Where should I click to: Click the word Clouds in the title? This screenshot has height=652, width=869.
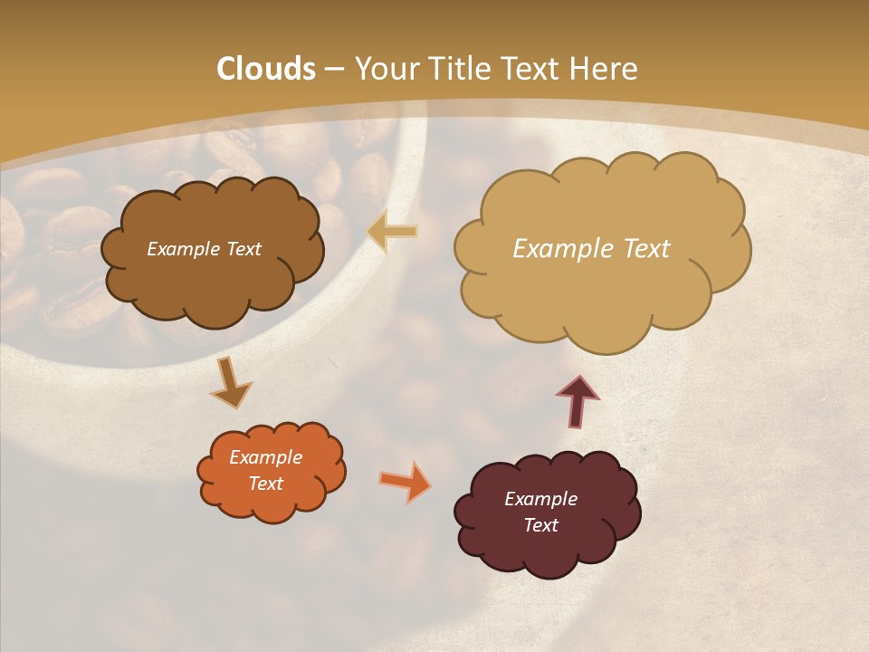266,69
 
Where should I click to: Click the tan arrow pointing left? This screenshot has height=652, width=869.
393,232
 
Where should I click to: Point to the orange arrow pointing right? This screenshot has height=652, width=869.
405,481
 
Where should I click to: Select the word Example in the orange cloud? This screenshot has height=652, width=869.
266,457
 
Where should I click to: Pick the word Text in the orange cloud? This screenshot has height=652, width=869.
266,484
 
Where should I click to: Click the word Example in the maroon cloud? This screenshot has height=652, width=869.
540,499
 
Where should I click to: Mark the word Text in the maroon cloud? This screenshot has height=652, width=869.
540,525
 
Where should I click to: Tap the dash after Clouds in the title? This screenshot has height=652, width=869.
333,69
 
